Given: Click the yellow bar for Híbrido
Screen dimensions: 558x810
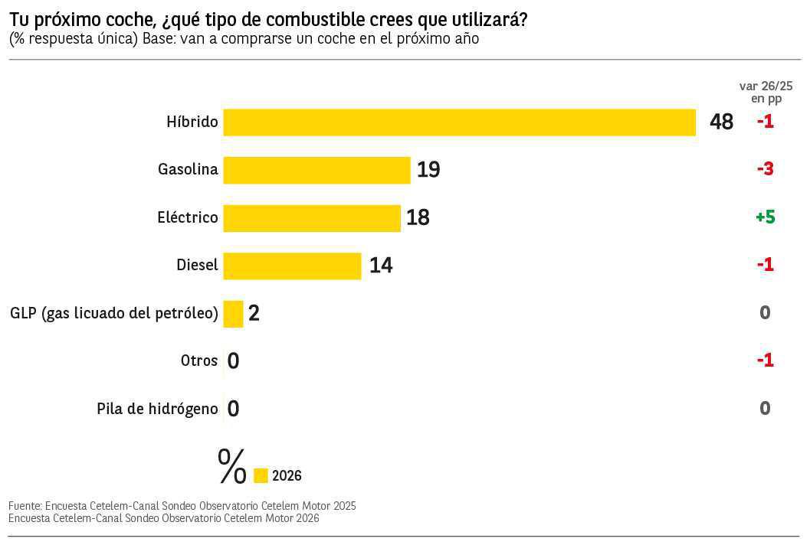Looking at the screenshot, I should [459, 122].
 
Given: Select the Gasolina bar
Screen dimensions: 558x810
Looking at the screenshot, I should [316, 170].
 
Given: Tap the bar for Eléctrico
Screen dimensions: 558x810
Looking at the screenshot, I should [312, 218].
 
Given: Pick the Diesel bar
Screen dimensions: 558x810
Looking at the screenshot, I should [292, 266].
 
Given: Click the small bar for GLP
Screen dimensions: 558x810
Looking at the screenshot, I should [233, 314].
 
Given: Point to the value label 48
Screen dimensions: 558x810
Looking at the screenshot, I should [721, 122].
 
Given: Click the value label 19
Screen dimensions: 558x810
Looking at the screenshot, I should [428, 170].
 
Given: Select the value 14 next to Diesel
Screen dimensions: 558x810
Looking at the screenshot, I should [381, 266].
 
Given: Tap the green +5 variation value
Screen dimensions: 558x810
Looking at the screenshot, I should [765, 217].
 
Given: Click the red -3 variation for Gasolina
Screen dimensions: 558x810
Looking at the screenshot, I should [765, 169].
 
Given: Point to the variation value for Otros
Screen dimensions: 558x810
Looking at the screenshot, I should [765, 361].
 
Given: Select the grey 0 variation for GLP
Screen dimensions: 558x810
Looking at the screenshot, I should [765, 312].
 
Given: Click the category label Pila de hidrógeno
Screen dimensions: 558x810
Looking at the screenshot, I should [157, 409].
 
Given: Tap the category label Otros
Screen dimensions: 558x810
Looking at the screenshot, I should [199, 361].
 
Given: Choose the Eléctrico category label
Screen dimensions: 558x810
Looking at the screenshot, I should [188, 217].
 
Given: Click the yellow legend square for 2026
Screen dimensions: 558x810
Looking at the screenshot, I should [261, 476].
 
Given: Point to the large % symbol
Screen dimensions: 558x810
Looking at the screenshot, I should [232, 467].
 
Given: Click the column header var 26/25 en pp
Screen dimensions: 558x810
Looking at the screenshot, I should [765, 92].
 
